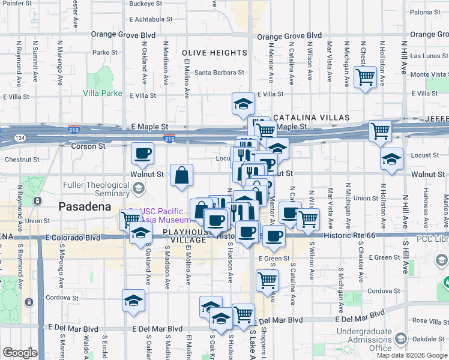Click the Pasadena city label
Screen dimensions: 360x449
(85, 206)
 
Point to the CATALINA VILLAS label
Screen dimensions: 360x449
(311, 117)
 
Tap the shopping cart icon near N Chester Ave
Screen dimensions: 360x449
(365, 77)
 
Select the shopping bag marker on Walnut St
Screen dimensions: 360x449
(181, 175)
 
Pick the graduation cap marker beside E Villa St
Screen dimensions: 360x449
(243, 104)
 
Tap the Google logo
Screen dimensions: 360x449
(19, 353)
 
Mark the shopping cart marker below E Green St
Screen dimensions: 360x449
(267, 280)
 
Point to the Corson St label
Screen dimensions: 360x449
(88, 146)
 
